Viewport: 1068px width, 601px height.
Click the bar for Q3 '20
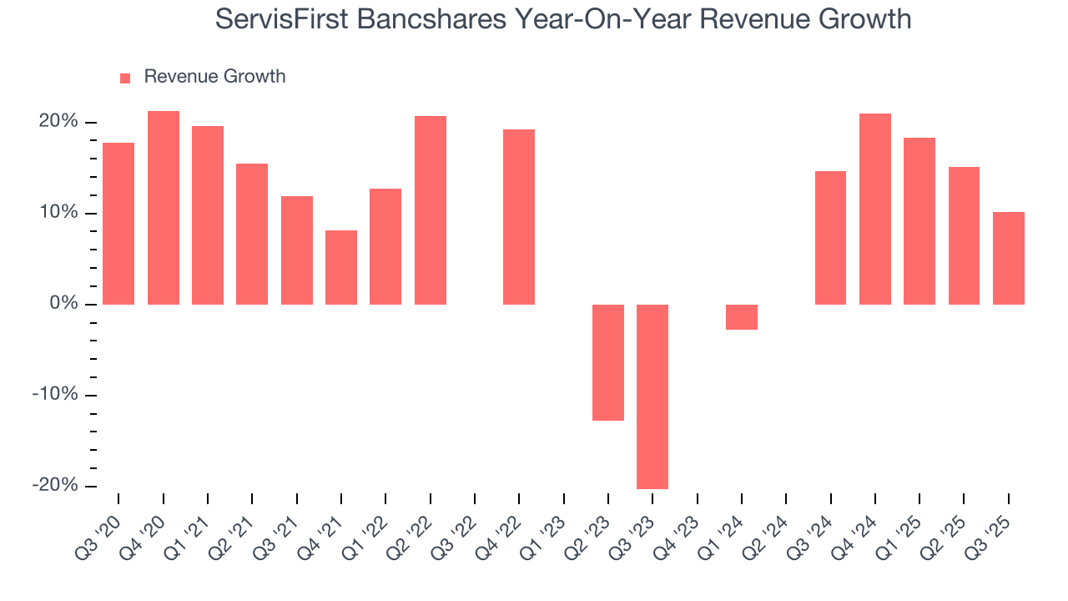(118, 224)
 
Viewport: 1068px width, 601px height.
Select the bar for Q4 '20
(163, 208)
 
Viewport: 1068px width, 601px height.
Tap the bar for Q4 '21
(341, 267)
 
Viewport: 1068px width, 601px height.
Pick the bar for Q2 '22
(430, 210)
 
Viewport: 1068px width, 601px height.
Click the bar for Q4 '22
(519, 217)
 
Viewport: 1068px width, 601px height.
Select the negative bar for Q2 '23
(608, 362)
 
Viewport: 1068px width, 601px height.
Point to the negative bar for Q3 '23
(652, 396)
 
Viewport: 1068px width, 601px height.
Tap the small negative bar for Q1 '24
(742, 317)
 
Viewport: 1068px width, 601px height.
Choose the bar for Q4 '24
(875, 209)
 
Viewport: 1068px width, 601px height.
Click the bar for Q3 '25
(1009, 258)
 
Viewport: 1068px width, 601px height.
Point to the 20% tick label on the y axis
(58, 122)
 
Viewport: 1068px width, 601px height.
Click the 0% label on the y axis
(63, 304)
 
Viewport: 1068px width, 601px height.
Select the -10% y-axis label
(55, 395)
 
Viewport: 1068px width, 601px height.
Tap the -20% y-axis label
(55, 486)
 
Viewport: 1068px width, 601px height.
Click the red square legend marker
(125, 78)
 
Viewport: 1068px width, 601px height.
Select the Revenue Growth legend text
(214, 77)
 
